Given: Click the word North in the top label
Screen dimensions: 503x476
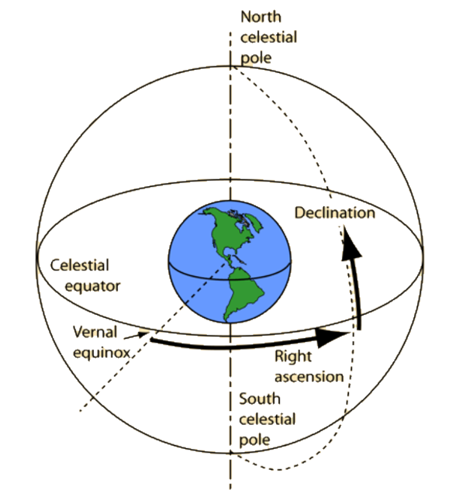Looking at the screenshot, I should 261,17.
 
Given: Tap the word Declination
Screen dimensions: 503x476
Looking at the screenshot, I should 335,213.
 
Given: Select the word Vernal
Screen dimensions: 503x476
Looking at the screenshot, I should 95,332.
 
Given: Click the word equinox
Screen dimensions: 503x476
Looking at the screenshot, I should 99,352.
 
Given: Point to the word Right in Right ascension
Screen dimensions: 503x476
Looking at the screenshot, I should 293,356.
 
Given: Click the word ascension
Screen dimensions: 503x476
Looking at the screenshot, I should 309,376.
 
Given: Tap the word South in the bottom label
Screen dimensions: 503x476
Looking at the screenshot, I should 260,399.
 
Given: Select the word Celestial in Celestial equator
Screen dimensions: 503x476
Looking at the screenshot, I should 80,265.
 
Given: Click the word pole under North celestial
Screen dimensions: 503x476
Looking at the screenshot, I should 256,58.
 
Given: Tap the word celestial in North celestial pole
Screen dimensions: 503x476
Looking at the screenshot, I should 268,38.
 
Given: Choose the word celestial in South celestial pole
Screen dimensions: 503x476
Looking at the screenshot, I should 268,419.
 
